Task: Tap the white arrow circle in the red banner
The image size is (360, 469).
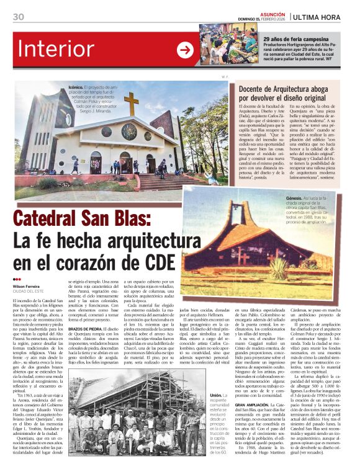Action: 185,50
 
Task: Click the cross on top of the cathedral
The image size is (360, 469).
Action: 131,102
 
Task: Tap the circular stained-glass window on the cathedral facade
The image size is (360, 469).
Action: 129,131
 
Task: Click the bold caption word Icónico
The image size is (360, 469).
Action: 76,88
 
